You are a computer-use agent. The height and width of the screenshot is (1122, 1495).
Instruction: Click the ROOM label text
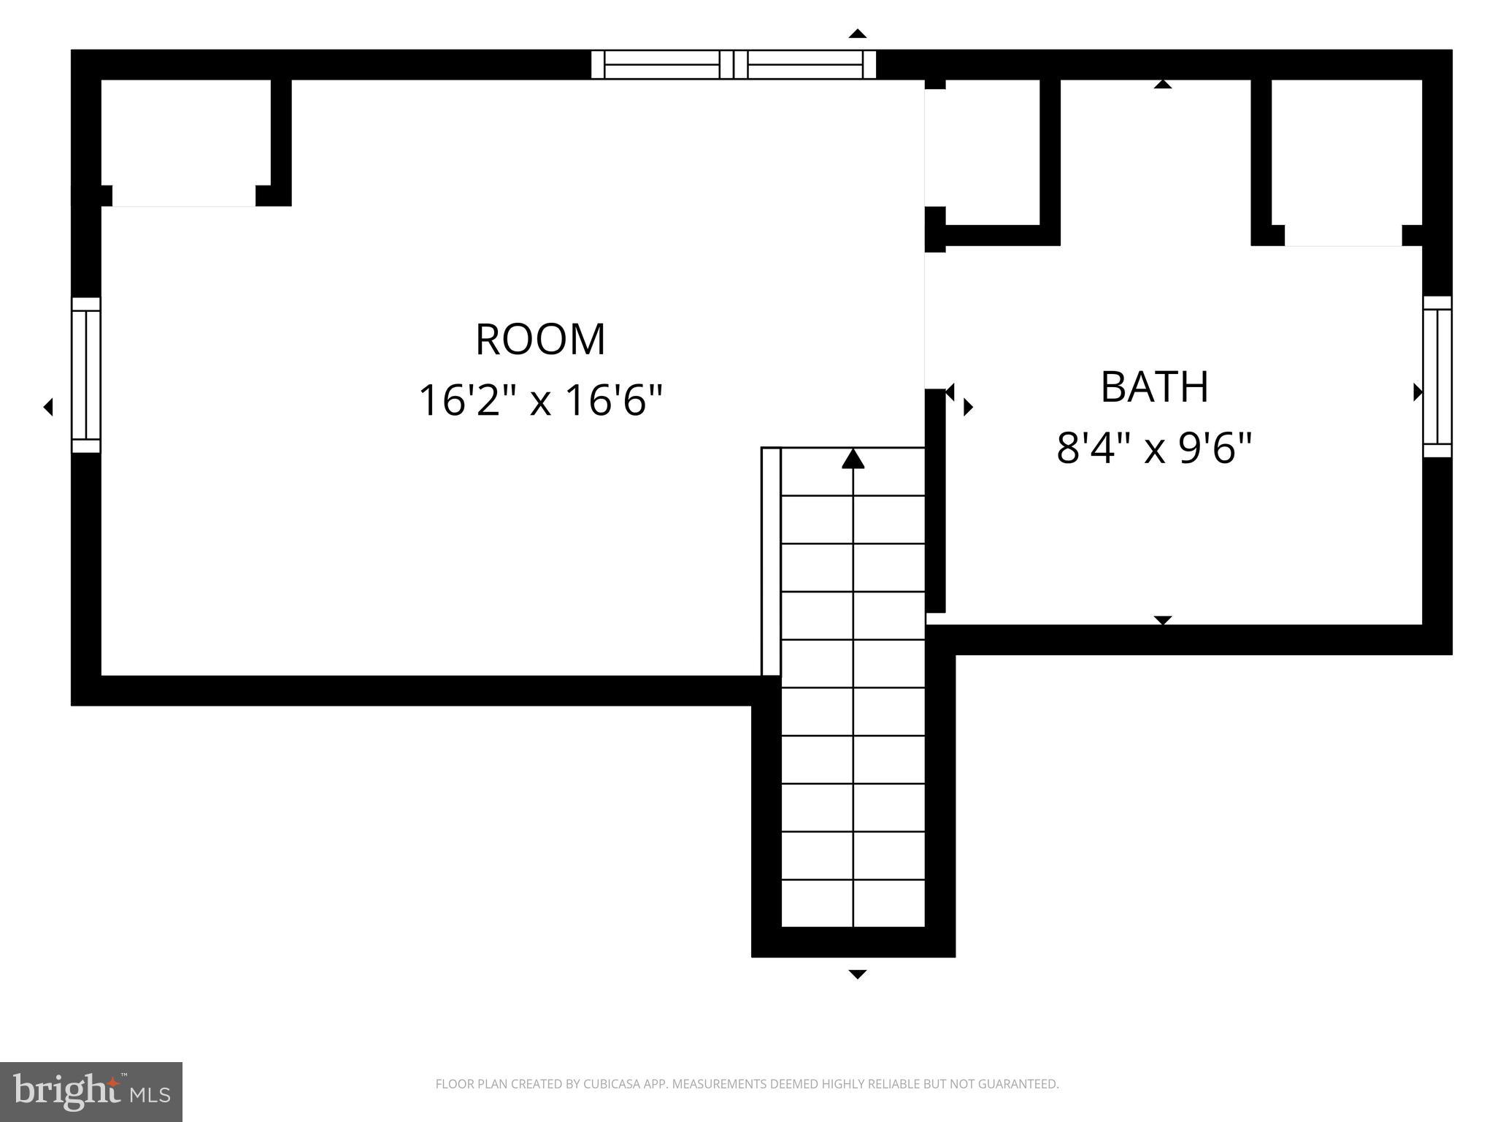540,340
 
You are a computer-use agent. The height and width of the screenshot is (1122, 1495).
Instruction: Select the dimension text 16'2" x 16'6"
540,400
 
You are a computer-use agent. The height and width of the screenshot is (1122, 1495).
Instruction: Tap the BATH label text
1154,387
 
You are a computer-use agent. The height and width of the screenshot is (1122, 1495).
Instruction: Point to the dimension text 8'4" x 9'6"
1154,448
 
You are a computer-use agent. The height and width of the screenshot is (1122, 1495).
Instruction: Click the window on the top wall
733,64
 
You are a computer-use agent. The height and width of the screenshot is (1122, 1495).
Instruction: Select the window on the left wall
86,375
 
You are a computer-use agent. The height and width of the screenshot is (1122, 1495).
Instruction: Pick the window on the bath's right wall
1437,377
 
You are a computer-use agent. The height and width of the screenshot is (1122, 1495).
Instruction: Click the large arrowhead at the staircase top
853,459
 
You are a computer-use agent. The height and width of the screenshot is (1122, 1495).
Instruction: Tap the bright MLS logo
91,1091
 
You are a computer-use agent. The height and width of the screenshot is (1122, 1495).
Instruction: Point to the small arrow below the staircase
857,974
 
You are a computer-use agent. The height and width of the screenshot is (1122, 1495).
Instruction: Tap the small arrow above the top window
857,34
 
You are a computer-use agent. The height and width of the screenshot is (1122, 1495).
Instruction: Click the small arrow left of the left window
48,407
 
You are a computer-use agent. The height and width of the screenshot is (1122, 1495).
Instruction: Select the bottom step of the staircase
853,904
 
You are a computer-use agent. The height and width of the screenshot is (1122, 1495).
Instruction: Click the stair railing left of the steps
771,561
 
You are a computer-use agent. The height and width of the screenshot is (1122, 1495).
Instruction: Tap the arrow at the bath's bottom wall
1162,620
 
